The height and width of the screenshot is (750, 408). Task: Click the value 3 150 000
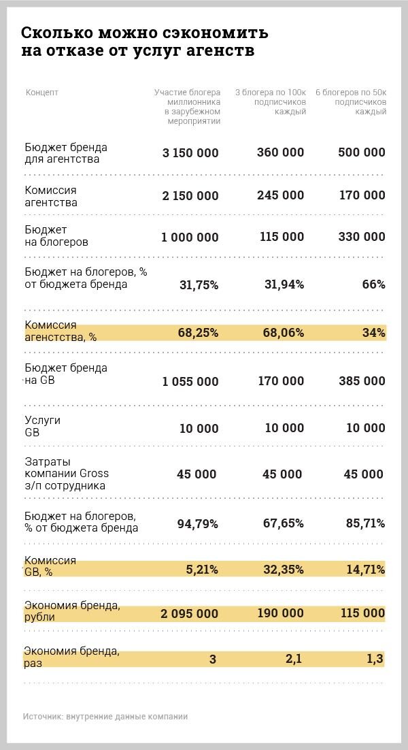190,153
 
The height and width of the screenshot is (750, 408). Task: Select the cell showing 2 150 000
190,196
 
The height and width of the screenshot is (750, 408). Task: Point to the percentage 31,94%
282,284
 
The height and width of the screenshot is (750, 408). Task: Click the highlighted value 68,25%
197,333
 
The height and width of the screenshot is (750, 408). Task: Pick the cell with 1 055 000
190,382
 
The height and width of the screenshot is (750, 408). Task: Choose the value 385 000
362,381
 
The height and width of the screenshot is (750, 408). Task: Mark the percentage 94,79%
197,523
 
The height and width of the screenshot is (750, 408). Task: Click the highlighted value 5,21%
202,569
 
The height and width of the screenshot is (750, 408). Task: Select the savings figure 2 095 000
190,614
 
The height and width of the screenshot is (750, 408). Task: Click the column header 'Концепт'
42,93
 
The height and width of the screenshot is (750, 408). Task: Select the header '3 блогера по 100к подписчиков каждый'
271,101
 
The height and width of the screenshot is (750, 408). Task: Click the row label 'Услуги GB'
42,426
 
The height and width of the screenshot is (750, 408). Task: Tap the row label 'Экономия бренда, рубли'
72,612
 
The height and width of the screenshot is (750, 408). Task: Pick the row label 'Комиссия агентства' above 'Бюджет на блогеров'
51,196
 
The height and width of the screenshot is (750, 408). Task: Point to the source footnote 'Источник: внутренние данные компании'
105,717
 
